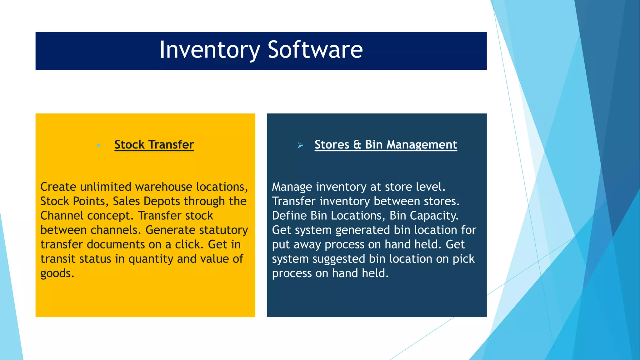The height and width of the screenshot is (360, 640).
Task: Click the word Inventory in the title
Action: pyautogui.click(x=209, y=50)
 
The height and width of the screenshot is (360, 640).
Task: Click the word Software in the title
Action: pyautogui.click(x=315, y=50)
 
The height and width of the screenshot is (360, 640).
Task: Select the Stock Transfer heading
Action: pyautogui.click(x=154, y=145)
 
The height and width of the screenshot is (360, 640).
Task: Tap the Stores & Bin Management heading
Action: pyautogui.click(x=386, y=145)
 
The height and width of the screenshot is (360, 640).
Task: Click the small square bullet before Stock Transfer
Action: pyautogui.click(x=98, y=145)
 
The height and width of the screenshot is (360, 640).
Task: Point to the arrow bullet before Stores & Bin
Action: pyautogui.click(x=300, y=145)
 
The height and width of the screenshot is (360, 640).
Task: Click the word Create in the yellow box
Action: pyautogui.click(x=58, y=187)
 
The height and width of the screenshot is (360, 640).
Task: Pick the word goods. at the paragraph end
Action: pyautogui.click(x=57, y=274)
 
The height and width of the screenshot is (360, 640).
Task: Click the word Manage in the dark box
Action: pyautogui.click(x=292, y=187)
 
